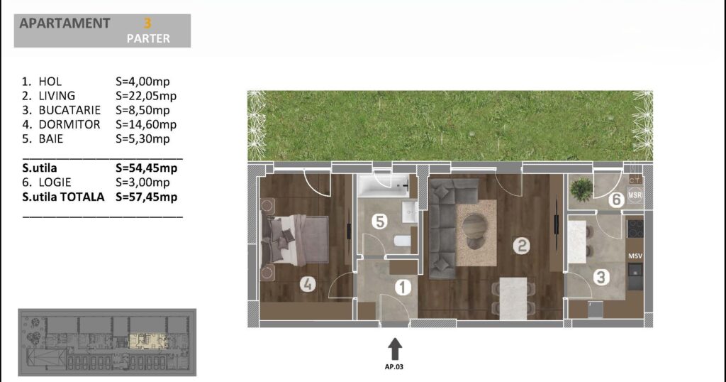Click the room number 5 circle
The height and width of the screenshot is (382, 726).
[379, 221]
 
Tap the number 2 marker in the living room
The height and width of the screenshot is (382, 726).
[521, 245]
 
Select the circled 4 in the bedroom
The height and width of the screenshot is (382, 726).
[308, 283]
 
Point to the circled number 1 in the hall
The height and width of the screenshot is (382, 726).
[403, 288]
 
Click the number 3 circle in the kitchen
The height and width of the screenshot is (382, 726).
[601, 277]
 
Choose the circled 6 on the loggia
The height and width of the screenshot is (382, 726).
[616, 200]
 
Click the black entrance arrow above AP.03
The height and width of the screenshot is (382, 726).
[394, 349]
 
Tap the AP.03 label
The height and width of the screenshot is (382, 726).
[394, 366]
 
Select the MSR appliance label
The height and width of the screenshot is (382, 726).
[635, 195]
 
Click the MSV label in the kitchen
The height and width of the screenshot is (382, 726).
[635, 256]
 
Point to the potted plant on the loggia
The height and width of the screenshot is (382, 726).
[581, 190]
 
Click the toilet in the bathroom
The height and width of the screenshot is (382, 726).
[402, 241]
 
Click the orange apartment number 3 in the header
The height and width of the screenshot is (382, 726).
[147, 23]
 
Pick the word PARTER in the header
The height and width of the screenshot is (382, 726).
[148, 38]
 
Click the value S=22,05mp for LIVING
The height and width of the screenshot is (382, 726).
[146, 96]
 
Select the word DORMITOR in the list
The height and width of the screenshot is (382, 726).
[69, 124]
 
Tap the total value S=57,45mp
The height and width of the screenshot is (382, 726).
[146, 197]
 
